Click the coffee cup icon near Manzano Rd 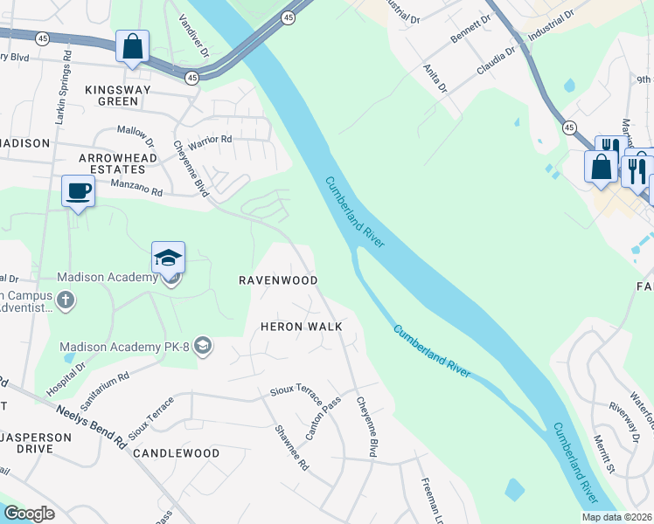[x=78, y=190]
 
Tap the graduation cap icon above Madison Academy [x=168, y=257]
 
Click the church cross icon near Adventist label [x=66, y=301]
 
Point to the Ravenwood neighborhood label [x=278, y=279]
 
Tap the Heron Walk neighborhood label [x=301, y=326]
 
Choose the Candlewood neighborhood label [x=176, y=453]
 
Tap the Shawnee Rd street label [x=292, y=446]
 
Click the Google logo [x=29, y=514]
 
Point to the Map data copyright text [x=617, y=517]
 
